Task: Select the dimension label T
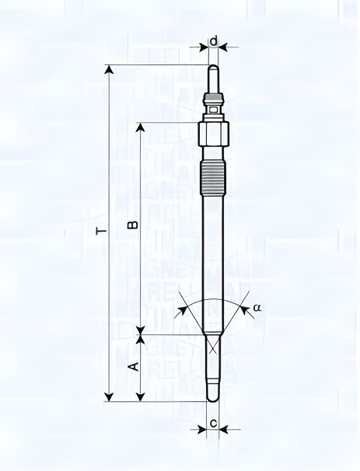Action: point(100,231)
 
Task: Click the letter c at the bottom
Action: point(213,424)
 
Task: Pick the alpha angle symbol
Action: point(257,308)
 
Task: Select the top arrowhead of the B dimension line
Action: point(141,127)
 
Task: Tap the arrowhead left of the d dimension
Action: point(204,47)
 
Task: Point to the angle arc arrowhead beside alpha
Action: point(245,309)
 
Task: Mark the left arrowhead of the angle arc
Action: point(182,309)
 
